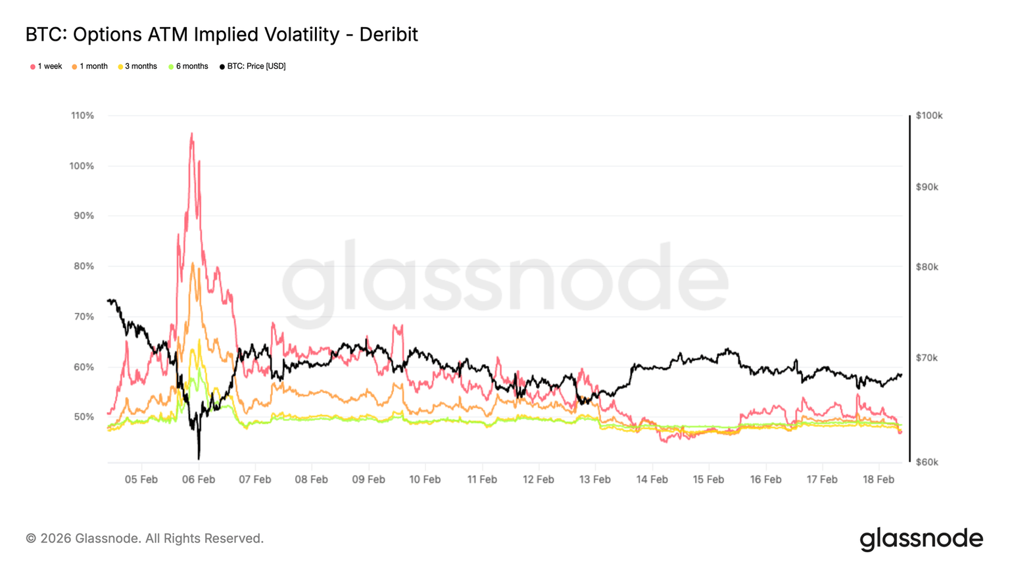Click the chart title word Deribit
click(x=388, y=34)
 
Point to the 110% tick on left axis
click(x=83, y=116)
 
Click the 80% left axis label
click(x=84, y=266)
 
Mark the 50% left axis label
click(x=84, y=417)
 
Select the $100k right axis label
click(x=929, y=116)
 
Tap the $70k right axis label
click(x=927, y=358)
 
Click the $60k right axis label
click(x=927, y=462)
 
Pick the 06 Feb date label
click(x=198, y=479)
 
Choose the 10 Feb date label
click(x=425, y=479)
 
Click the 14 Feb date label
click(x=652, y=479)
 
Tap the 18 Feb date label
click(x=878, y=479)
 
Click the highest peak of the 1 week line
click(x=191, y=133)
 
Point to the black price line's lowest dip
click(x=199, y=458)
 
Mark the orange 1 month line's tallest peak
click(x=192, y=263)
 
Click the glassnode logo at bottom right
click(x=921, y=539)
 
